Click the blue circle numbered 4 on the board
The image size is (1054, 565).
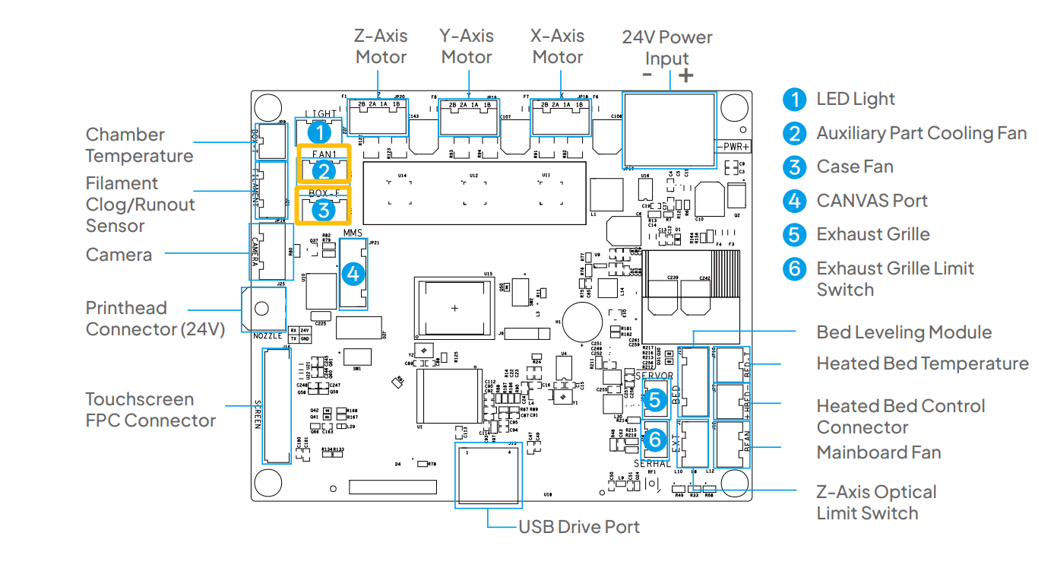353,272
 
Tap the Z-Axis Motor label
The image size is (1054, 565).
381,46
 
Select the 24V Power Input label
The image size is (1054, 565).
667,47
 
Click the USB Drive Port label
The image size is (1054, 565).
578,526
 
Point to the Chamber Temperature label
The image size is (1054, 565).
139,145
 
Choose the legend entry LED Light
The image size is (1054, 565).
855,99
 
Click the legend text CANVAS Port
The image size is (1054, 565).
872,201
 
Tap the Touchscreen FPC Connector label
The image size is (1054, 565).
150,410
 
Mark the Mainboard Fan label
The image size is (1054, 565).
878,452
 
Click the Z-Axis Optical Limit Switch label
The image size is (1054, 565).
876,503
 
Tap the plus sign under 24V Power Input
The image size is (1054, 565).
685,75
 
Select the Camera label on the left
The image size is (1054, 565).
119,255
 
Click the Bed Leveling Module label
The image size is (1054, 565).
904,332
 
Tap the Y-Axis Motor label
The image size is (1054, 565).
467,46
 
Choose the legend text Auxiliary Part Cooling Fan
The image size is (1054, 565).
921,133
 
